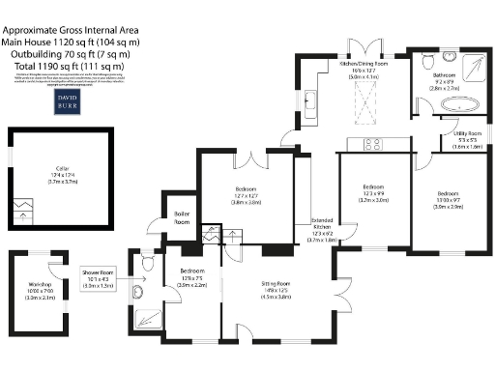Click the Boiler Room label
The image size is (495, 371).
click(181, 218)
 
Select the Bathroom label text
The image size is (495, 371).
click(444, 78)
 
